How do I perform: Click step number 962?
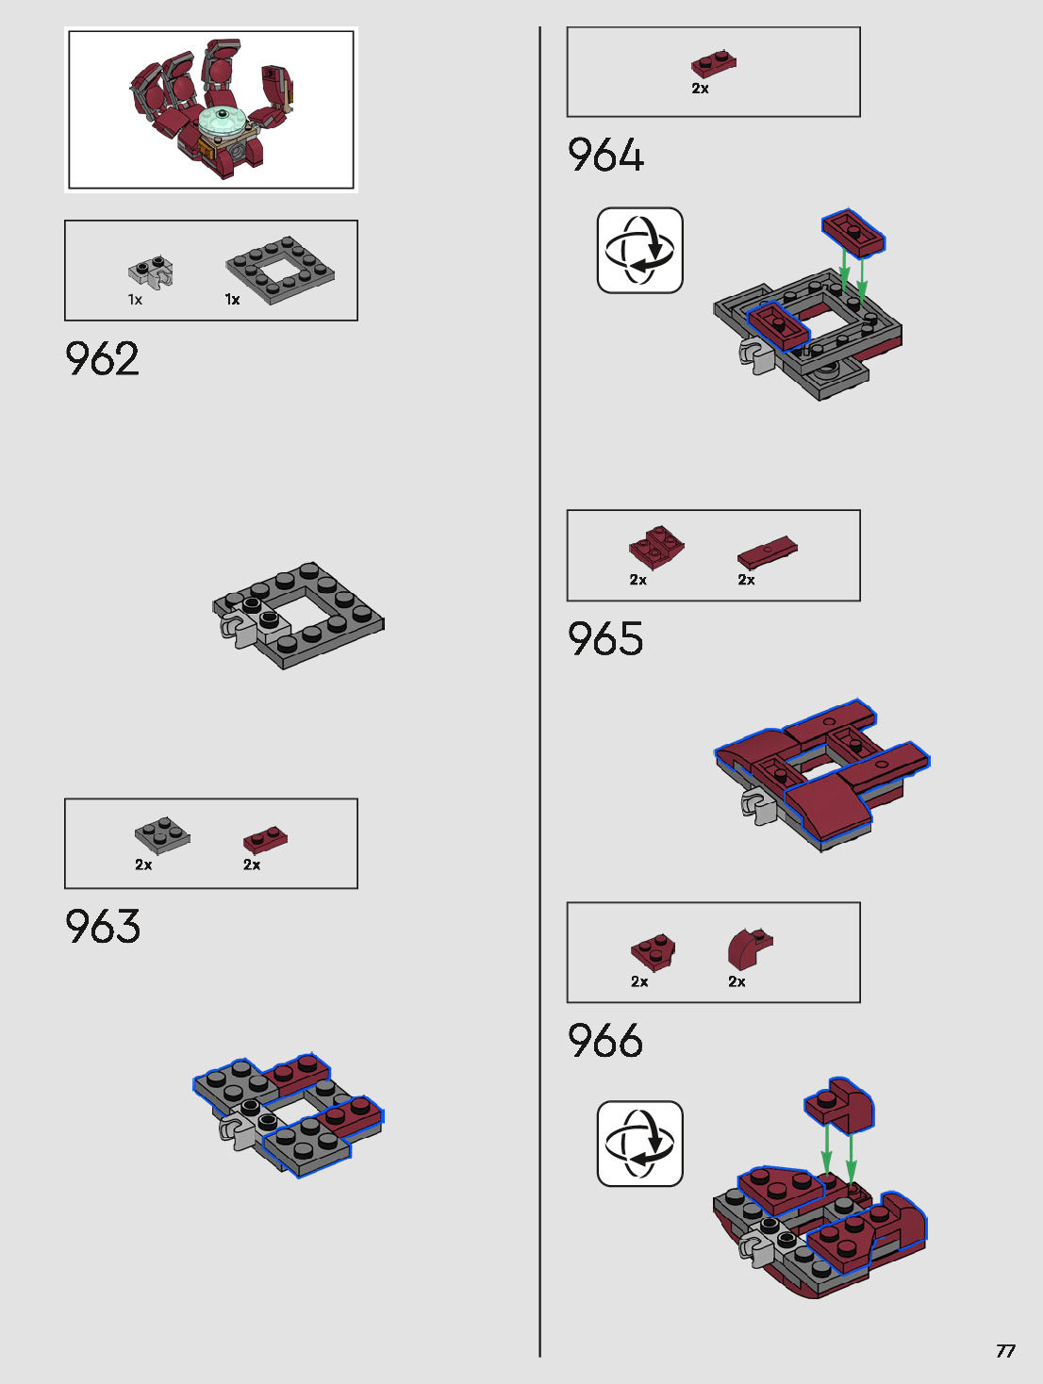click(x=102, y=359)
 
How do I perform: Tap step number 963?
click(x=102, y=927)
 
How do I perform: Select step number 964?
click(x=605, y=156)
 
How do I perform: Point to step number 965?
click(x=605, y=639)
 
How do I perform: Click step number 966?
click(x=605, y=1041)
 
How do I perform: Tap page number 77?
click(x=1005, y=1351)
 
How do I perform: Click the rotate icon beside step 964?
click(x=639, y=250)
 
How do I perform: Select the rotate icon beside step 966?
click(x=639, y=1143)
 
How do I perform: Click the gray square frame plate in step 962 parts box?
click(x=281, y=270)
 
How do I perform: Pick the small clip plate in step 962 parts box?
click(x=151, y=272)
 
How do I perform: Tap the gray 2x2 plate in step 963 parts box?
click(x=162, y=834)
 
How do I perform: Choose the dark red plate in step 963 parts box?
click(x=265, y=838)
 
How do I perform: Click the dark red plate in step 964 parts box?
click(x=714, y=64)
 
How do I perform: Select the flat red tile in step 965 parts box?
click(x=767, y=552)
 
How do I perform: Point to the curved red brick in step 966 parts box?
click(x=749, y=947)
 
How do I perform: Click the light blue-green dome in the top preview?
click(x=223, y=122)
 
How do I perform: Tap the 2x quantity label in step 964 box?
click(x=700, y=89)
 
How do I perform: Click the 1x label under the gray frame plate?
click(x=232, y=300)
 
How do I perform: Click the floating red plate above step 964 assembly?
click(x=853, y=232)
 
